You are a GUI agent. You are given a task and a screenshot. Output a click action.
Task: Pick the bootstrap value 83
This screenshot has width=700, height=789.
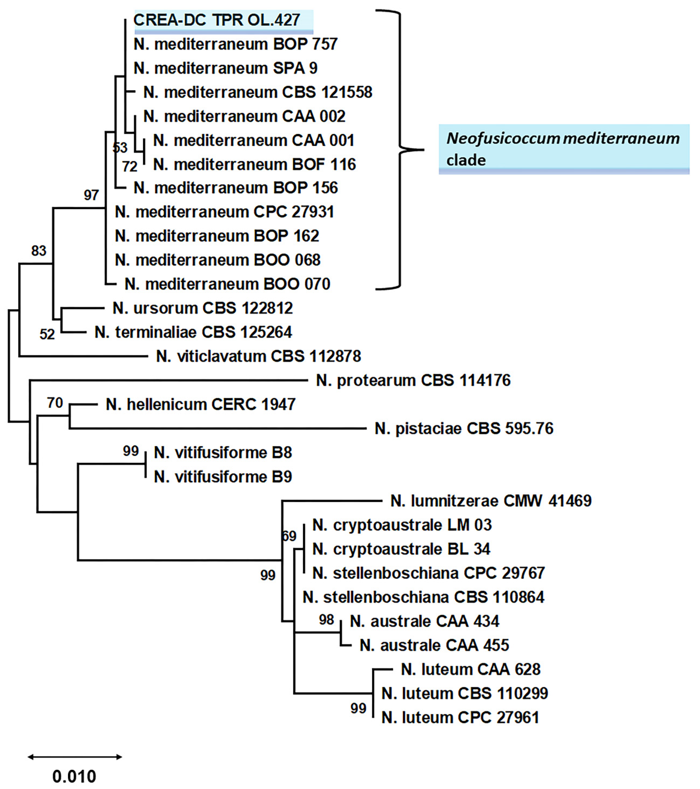39,251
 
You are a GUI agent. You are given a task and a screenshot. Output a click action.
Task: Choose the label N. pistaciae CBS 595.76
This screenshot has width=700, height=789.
464,428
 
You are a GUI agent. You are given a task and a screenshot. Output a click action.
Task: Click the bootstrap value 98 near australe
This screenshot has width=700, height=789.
326,620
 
